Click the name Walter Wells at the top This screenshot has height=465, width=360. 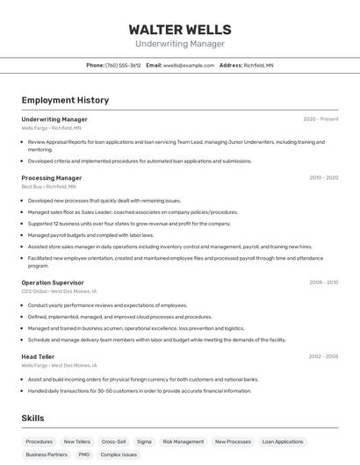point(180,29)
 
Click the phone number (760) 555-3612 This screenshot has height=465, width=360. point(122,65)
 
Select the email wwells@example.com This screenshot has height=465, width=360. point(188,65)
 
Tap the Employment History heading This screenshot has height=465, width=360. point(65,100)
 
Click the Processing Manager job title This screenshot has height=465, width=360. point(52,178)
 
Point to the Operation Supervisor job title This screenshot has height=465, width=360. point(53,283)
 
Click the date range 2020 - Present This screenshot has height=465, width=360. point(320,119)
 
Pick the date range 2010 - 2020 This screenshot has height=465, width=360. point(323,178)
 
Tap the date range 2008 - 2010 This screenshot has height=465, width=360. point(323,283)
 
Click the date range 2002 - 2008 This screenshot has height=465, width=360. point(323,356)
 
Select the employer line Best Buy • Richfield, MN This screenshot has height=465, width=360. point(48,187)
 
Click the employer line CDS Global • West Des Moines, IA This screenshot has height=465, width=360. point(59,291)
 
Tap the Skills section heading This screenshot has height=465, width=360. point(32,418)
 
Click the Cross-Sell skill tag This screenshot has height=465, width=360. point(113,441)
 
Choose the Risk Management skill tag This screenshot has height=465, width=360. point(184,441)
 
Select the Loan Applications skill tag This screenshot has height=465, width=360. point(283,441)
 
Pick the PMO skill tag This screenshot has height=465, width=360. point(83,454)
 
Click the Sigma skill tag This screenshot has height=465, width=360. point(144,441)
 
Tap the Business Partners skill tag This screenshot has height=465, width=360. point(47,454)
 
